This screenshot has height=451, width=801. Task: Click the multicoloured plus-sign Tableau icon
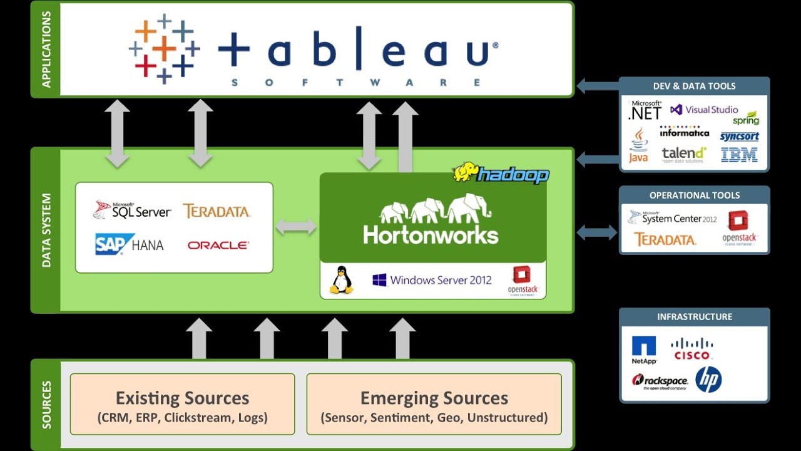coord(164,49)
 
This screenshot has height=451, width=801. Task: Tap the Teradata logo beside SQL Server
coord(217,211)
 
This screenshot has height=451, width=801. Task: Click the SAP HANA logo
coord(130,244)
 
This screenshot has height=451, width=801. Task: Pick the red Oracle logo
coord(218,246)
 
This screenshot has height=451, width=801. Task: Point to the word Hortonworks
coord(431,235)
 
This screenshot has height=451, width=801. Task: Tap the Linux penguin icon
coord(341,280)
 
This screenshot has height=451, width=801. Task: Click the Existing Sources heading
coord(182,398)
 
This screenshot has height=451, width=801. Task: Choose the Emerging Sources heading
coord(434,398)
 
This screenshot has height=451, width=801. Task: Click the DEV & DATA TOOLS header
coord(694,86)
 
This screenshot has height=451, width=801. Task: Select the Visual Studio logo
coord(704,110)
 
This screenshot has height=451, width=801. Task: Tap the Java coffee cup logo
coord(639,145)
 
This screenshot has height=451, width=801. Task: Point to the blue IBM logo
coord(739,155)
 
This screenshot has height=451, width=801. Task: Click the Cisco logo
coord(691,348)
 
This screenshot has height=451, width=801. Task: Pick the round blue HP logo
coord(708,380)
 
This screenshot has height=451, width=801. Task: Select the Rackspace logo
coord(660,381)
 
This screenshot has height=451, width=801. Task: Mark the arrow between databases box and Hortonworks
coord(297,227)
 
